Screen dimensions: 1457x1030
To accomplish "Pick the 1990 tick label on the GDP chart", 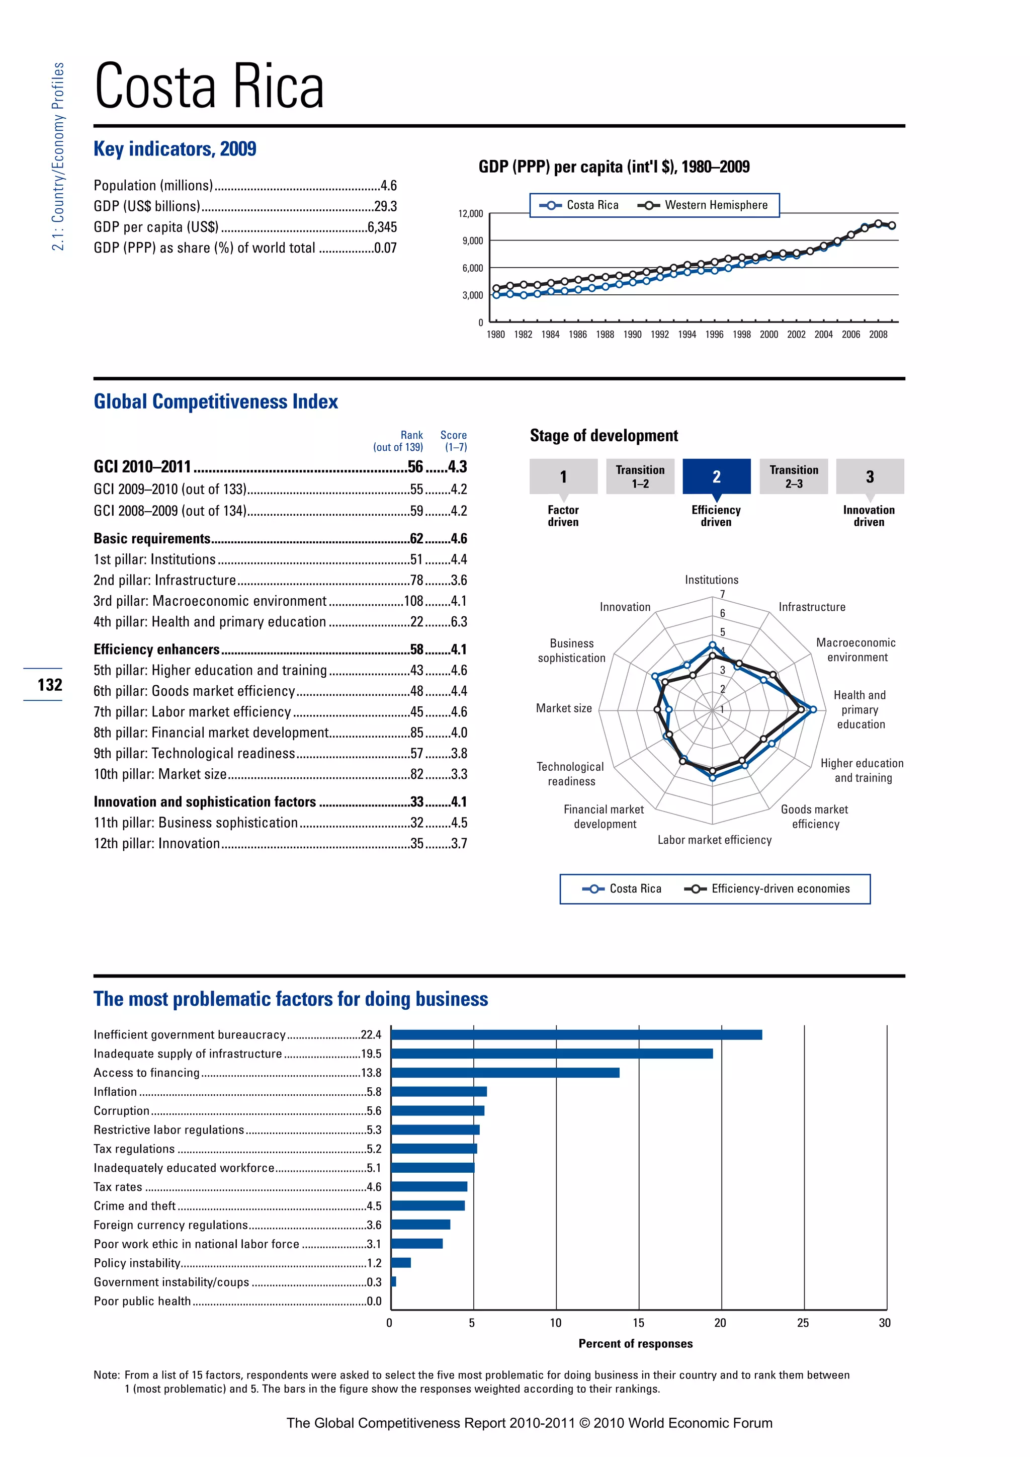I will coord(632,335).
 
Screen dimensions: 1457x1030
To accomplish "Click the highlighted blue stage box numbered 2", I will coord(716,476).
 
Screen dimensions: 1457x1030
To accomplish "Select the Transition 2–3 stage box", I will coord(794,476).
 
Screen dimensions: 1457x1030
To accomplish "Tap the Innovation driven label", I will coord(868,516).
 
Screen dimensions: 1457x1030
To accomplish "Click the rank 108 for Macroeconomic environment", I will coord(413,601).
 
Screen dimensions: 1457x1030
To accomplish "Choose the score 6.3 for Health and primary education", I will coord(459,622).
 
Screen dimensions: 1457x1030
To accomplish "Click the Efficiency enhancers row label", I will coord(156,649).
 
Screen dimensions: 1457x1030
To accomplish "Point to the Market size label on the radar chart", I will coord(564,708).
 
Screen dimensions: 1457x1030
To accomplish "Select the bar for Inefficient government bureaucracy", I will coord(576,1035).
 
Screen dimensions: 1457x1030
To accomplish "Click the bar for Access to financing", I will coord(505,1073).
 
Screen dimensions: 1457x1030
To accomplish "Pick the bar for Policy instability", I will coord(401,1263).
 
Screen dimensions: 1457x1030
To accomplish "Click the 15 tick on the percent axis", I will coord(638,1323).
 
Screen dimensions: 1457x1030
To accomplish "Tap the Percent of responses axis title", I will coord(636,1343).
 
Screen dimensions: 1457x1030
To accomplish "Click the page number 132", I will coord(49,685).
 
